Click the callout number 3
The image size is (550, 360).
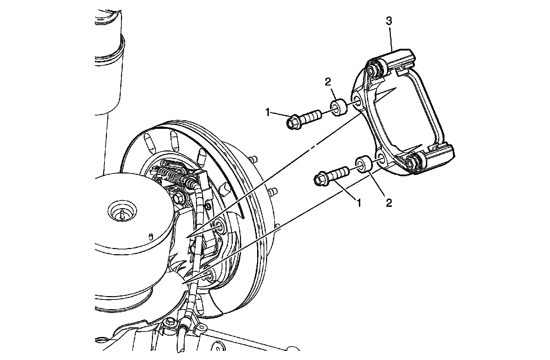coord(389,21)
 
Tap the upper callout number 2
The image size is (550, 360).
coord(328,81)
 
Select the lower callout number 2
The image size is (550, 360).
coord(389,203)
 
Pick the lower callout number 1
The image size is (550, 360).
coord(359,203)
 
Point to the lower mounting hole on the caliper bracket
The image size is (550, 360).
coord(381,159)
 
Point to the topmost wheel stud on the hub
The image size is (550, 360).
coord(254,159)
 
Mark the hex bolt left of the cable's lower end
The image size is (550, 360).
coord(169,323)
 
